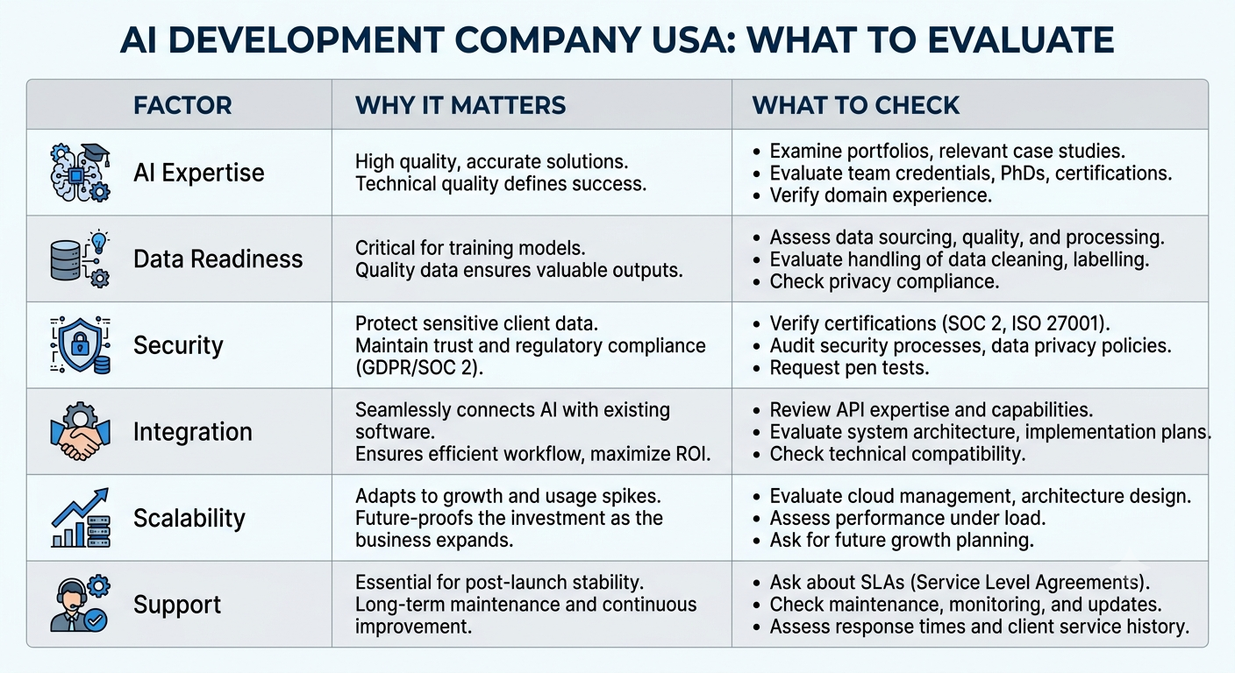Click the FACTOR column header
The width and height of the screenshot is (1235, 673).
pyautogui.click(x=182, y=105)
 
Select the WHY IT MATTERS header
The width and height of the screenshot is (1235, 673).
pyautogui.click(x=460, y=105)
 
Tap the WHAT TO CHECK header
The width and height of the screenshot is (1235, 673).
pyautogui.click(x=856, y=105)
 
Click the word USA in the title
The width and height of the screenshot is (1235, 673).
pyautogui.click(x=692, y=39)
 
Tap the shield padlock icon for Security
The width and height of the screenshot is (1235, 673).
pyautogui.click(x=81, y=345)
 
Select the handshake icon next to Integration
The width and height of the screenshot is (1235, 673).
pyautogui.click(x=81, y=432)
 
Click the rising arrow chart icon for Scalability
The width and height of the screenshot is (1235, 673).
pyautogui.click(x=81, y=518)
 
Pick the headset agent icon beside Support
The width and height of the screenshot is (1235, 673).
pyautogui.click(x=81, y=604)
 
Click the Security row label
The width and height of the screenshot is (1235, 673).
pyautogui.click(x=178, y=346)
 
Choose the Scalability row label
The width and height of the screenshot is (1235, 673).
pyautogui.click(x=189, y=518)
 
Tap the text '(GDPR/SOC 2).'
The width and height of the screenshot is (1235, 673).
pyautogui.click(x=419, y=367)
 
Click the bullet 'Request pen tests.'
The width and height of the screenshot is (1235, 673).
pyautogui.click(x=849, y=367)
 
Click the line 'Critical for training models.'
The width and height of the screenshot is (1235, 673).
pyautogui.click(x=470, y=248)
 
